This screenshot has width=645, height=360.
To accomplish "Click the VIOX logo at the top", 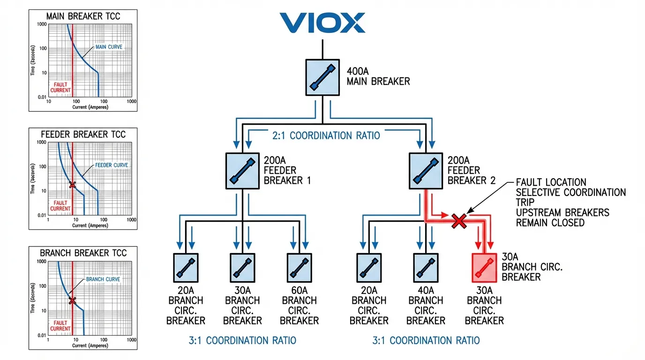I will click(322, 22).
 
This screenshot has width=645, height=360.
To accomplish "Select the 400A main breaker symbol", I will click(322, 77).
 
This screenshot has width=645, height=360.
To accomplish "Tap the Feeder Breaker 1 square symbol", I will click(243, 171).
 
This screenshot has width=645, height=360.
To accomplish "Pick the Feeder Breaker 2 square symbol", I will click(426, 171).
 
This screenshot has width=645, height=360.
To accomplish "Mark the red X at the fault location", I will click(458, 221).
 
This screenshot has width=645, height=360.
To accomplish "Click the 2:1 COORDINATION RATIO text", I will click(325, 136).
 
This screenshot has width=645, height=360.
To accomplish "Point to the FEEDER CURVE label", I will click(112, 165).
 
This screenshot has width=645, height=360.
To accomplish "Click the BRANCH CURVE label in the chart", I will click(103, 279).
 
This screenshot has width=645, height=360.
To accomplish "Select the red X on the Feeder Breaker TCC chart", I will click(72, 185).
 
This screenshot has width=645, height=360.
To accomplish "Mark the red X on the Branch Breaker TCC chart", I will click(72, 300).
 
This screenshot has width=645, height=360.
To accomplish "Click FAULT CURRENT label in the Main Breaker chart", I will click(60, 87).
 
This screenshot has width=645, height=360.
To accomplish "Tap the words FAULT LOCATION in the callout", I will click(551, 182).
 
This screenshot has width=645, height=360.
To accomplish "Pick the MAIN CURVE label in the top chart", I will click(109, 47).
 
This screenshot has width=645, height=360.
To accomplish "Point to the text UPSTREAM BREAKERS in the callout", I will click(562, 212).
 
